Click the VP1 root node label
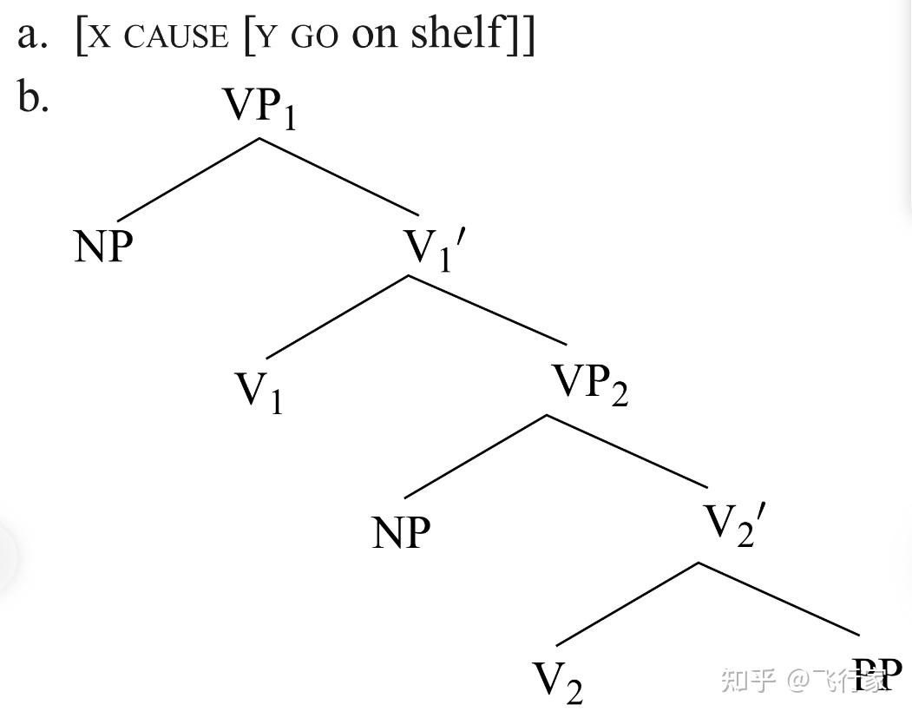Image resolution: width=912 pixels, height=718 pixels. click(x=260, y=109)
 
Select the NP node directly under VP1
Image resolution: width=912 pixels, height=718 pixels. click(x=104, y=247)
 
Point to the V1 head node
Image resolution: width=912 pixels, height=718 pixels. click(x=259, y=392)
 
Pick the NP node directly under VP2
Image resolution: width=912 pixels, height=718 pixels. click(x=401, y=532)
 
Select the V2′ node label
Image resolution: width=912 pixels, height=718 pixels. click(x=735, y=524)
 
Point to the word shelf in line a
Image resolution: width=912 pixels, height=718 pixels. click(x=458, y=32)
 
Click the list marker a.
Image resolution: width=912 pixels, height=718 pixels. click(x=31, y=35)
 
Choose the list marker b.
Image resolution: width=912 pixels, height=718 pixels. click(x=33, y=97)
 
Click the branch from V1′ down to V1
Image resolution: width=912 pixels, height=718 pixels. click(x=338, y=316)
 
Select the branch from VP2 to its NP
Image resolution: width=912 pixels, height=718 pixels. click(x=476, y=456)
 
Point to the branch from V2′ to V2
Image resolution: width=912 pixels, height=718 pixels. click(x=627, y=603)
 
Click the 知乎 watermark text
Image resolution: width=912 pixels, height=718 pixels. click(x=748, y=680)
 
